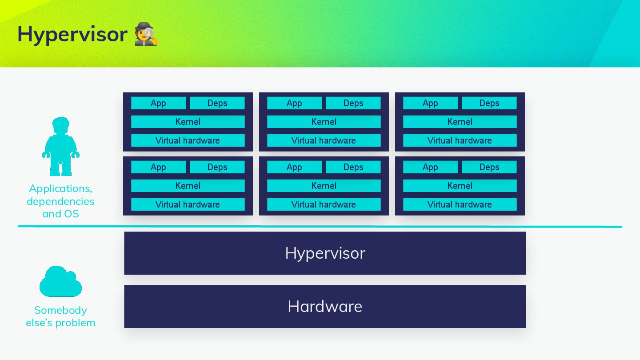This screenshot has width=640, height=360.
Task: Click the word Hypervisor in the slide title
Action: pos(72,34)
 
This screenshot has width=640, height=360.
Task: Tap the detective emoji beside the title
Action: pos(146,34)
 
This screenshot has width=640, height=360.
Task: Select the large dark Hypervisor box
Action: pos(324,253)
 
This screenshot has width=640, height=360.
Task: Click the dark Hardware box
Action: pos(324,306)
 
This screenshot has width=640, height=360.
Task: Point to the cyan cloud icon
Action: pos(60,282)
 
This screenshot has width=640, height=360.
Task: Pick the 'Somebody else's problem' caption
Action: pos(60,316)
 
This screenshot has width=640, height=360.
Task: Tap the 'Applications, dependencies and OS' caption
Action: pos(60,201)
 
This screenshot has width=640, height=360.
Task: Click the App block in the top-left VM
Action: pos(158,103)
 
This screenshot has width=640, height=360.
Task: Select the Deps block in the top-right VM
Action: pos(489,103)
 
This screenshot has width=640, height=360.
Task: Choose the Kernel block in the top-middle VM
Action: pos(324,122)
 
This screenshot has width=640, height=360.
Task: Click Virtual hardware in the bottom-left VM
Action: pos(188,204)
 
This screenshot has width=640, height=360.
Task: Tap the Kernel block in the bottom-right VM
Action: pos(460,186)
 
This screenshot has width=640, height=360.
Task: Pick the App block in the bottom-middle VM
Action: pos(294,167)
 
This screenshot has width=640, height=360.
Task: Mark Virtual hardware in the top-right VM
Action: pos(460,140)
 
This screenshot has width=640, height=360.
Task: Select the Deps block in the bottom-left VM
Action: pos(217,167)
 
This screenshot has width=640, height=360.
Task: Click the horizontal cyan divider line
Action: pos(320,226)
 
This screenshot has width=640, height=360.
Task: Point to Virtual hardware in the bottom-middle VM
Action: pos(324,204)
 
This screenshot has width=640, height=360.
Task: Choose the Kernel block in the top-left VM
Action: pos(188,122)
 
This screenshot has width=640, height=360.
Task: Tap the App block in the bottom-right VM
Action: pos(430,167)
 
